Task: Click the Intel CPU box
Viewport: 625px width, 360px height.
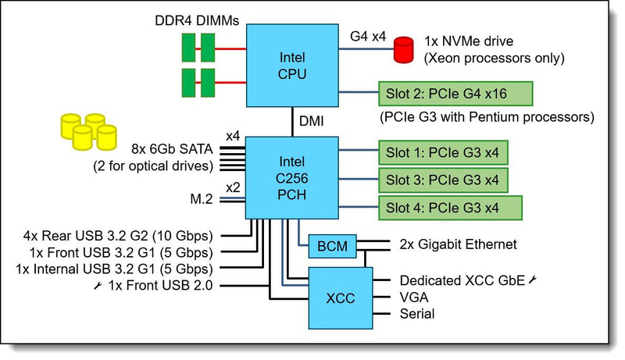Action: click(292, 66)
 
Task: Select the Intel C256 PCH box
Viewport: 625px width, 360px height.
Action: click(291, 177)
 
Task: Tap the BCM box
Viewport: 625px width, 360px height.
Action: click(333, 246)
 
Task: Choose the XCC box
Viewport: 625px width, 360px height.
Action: click(341, 298)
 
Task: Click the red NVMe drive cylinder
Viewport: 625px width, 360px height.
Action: click(403, 50)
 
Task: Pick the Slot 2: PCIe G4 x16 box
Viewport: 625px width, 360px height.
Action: click(455, 94)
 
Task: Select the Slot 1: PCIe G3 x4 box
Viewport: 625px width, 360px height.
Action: click(443, 152)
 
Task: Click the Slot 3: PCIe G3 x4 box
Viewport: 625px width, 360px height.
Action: click(443, 180)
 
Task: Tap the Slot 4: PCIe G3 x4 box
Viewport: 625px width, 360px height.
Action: click(451, 208)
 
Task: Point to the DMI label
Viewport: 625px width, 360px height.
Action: click(311, 121)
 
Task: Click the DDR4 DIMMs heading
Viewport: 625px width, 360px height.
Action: click(197, 21)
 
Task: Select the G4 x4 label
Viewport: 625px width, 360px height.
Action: click(368, 36)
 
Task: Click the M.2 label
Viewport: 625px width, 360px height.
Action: click(202, 198)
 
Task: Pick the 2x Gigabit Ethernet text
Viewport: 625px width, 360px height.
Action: click(458, 244)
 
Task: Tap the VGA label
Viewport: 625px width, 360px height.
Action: click(414, 297)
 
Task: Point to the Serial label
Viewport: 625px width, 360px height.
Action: click(417, 314)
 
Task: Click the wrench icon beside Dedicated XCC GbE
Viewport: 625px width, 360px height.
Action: click(533, 280)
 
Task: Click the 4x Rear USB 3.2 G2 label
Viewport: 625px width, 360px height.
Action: click(118, 236)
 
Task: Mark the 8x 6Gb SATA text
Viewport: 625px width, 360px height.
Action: click(172, 149)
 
